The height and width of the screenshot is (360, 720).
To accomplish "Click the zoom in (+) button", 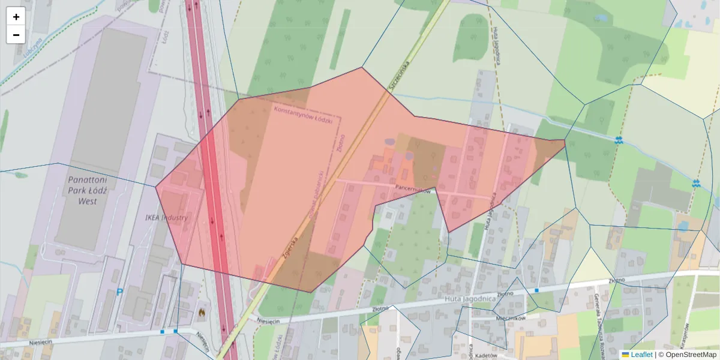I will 16,17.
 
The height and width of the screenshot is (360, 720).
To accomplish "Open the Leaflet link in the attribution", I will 641,355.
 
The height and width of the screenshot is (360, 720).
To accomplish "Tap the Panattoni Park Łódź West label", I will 83,190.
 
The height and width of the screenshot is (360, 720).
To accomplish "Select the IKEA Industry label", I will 166,217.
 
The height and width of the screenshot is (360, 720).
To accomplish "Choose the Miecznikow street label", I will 511,318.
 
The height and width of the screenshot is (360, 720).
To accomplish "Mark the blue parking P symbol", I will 119,292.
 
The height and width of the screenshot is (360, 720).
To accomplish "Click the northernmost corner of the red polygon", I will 362,67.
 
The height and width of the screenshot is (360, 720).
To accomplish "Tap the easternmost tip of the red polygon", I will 565,141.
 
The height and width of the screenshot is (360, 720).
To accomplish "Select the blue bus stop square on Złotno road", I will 536,290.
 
